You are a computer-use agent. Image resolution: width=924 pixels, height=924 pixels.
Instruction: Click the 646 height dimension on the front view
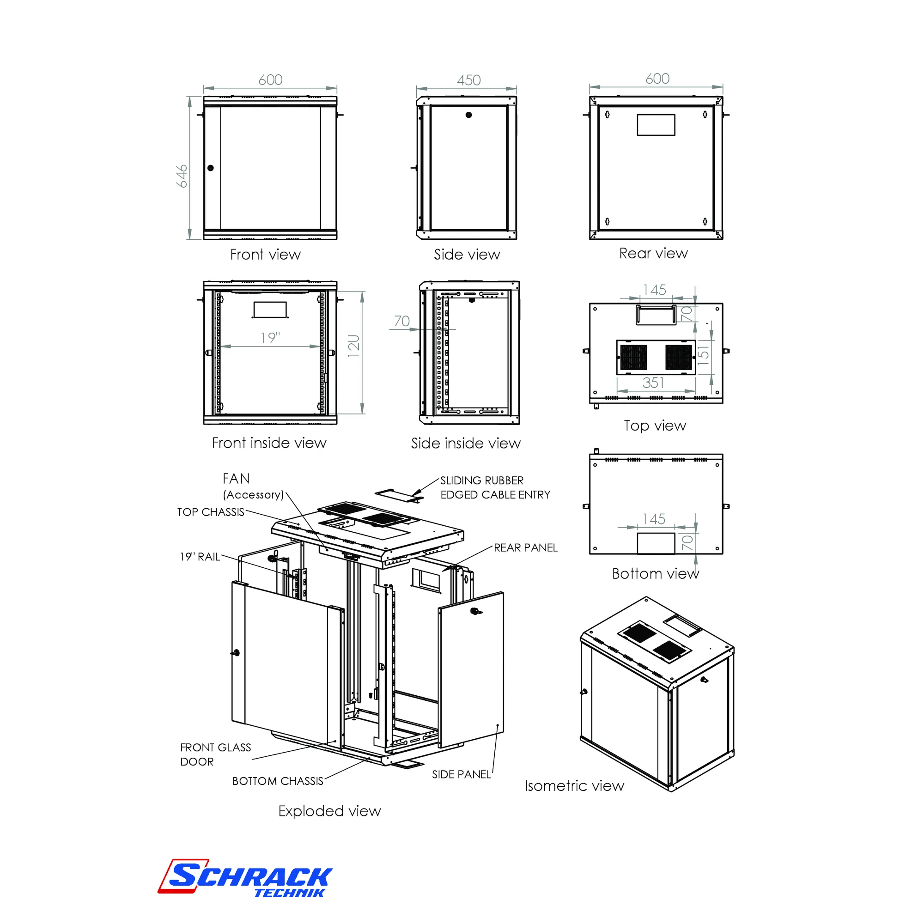(182, 176)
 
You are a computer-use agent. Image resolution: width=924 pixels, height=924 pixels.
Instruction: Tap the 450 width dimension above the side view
(468, 80)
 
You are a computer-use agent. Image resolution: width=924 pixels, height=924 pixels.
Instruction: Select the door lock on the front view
(210, 168)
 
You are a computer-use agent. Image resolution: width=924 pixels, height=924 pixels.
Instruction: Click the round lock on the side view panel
(468, 115)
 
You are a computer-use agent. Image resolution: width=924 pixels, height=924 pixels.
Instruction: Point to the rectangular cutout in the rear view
(656, 125)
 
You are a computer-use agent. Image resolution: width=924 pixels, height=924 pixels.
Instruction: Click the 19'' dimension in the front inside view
(270, 338)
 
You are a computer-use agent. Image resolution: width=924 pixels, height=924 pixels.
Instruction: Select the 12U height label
(354, 346)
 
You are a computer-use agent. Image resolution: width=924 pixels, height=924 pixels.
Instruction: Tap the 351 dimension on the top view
(653, 383)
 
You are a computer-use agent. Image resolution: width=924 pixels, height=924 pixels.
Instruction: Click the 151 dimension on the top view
(704, 354)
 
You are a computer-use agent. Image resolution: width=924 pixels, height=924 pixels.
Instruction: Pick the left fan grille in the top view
(633, 357)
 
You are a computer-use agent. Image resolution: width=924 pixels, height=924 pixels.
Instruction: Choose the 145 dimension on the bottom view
(654, 519)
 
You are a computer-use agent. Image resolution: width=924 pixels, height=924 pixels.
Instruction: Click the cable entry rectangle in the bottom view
(656, 543)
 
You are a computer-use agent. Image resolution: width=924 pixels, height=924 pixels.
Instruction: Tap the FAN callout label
(236, 479)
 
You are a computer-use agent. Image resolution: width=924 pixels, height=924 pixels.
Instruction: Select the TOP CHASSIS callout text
(211, 512)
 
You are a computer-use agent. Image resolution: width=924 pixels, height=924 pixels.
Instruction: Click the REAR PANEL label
(526, 547)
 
